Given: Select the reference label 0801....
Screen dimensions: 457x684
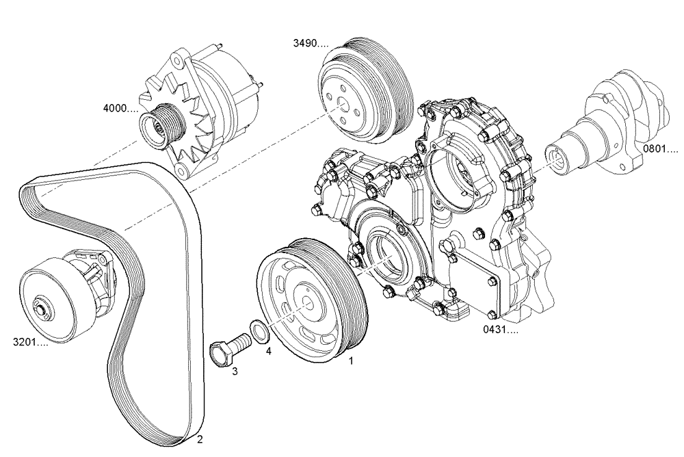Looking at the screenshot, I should tap(659, 148).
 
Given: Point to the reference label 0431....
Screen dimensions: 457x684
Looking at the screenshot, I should tap(501, 330).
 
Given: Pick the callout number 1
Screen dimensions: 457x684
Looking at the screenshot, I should tap(352, 359).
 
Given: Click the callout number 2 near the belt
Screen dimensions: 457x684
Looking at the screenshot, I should tap(199, 439).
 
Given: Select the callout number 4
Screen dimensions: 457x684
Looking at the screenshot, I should tap(268, 350).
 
